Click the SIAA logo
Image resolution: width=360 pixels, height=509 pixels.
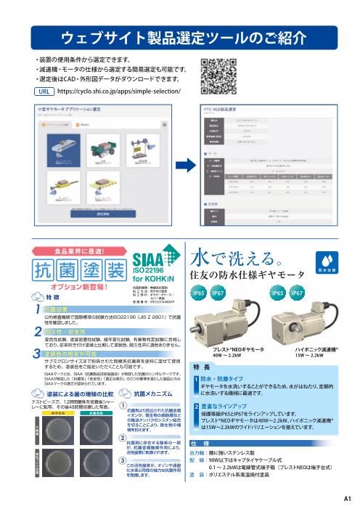(x=151, y=266)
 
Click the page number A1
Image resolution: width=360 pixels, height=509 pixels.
(x=346, y=499)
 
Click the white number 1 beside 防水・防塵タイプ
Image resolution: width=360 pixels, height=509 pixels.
(x=195, y=379)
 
